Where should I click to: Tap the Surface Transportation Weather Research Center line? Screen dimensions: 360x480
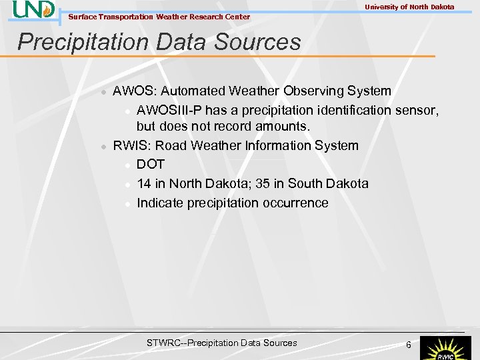(159, 17)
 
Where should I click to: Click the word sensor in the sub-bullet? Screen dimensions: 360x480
(416, 109)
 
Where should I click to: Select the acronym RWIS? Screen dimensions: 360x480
(131, 145)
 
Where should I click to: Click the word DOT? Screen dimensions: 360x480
(151, 164)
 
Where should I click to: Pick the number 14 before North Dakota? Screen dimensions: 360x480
(144, 183)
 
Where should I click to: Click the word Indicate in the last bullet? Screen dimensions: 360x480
(160, 203)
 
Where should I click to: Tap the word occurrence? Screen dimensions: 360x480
(297, 203)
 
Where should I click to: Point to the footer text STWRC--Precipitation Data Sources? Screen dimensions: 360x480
(221, 343)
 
